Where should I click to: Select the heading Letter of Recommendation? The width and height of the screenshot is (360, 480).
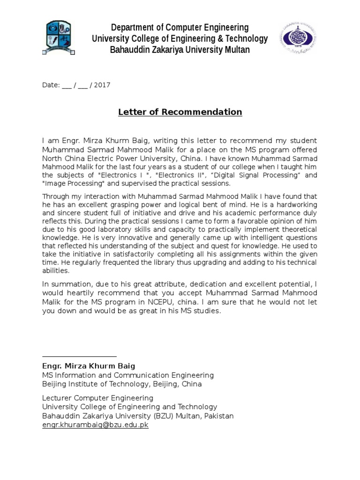click(180, 112)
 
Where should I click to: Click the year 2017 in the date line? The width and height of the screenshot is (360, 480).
click(103, 85)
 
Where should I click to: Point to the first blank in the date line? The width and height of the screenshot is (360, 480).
click(67, 85)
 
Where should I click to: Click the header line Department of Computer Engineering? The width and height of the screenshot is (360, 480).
click(180, 27)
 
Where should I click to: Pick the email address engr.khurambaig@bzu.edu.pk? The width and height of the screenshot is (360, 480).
click(95, 425)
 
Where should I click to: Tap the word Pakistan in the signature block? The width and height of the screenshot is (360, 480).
click(217, 416)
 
